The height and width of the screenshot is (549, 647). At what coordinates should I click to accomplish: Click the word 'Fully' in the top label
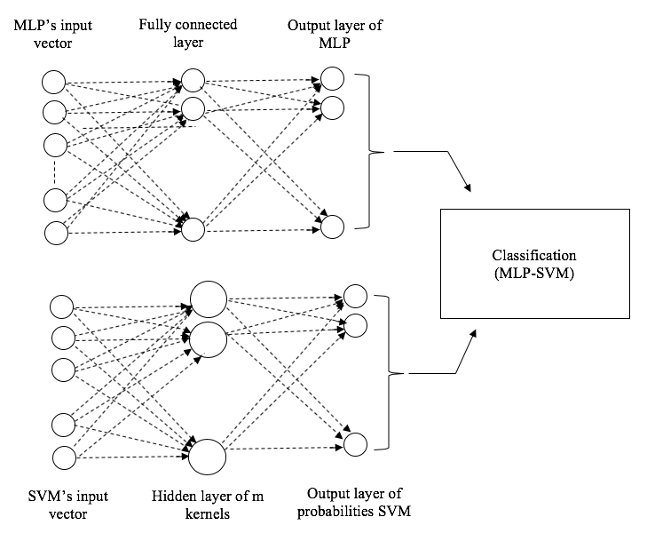(154, 25)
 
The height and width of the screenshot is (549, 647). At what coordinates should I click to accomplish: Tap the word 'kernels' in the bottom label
(207, 513)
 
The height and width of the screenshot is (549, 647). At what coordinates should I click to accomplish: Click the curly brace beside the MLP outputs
(369, 152)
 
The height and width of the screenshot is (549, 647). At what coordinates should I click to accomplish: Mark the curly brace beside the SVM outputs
(389, 373)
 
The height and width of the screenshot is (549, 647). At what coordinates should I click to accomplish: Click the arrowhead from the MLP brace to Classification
(468, 187)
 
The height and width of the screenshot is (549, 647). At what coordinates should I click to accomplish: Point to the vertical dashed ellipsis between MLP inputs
(54, 171)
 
